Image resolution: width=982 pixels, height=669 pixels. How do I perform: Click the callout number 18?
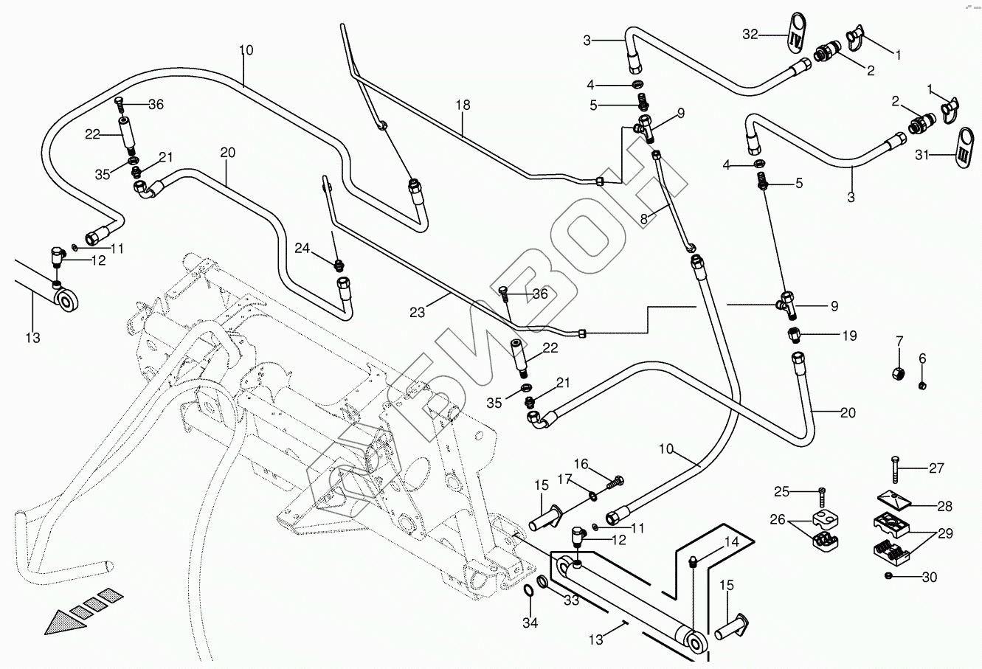pos(463,105)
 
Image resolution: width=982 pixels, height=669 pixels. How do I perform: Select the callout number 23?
pos(417,313)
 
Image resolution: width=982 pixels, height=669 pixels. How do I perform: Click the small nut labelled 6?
pos(922,384)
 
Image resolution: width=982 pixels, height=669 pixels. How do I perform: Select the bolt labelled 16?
pos(616,482)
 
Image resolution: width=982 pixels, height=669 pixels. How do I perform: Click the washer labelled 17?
pos(594,493)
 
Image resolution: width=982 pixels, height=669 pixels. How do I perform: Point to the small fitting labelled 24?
pos(339,263)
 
